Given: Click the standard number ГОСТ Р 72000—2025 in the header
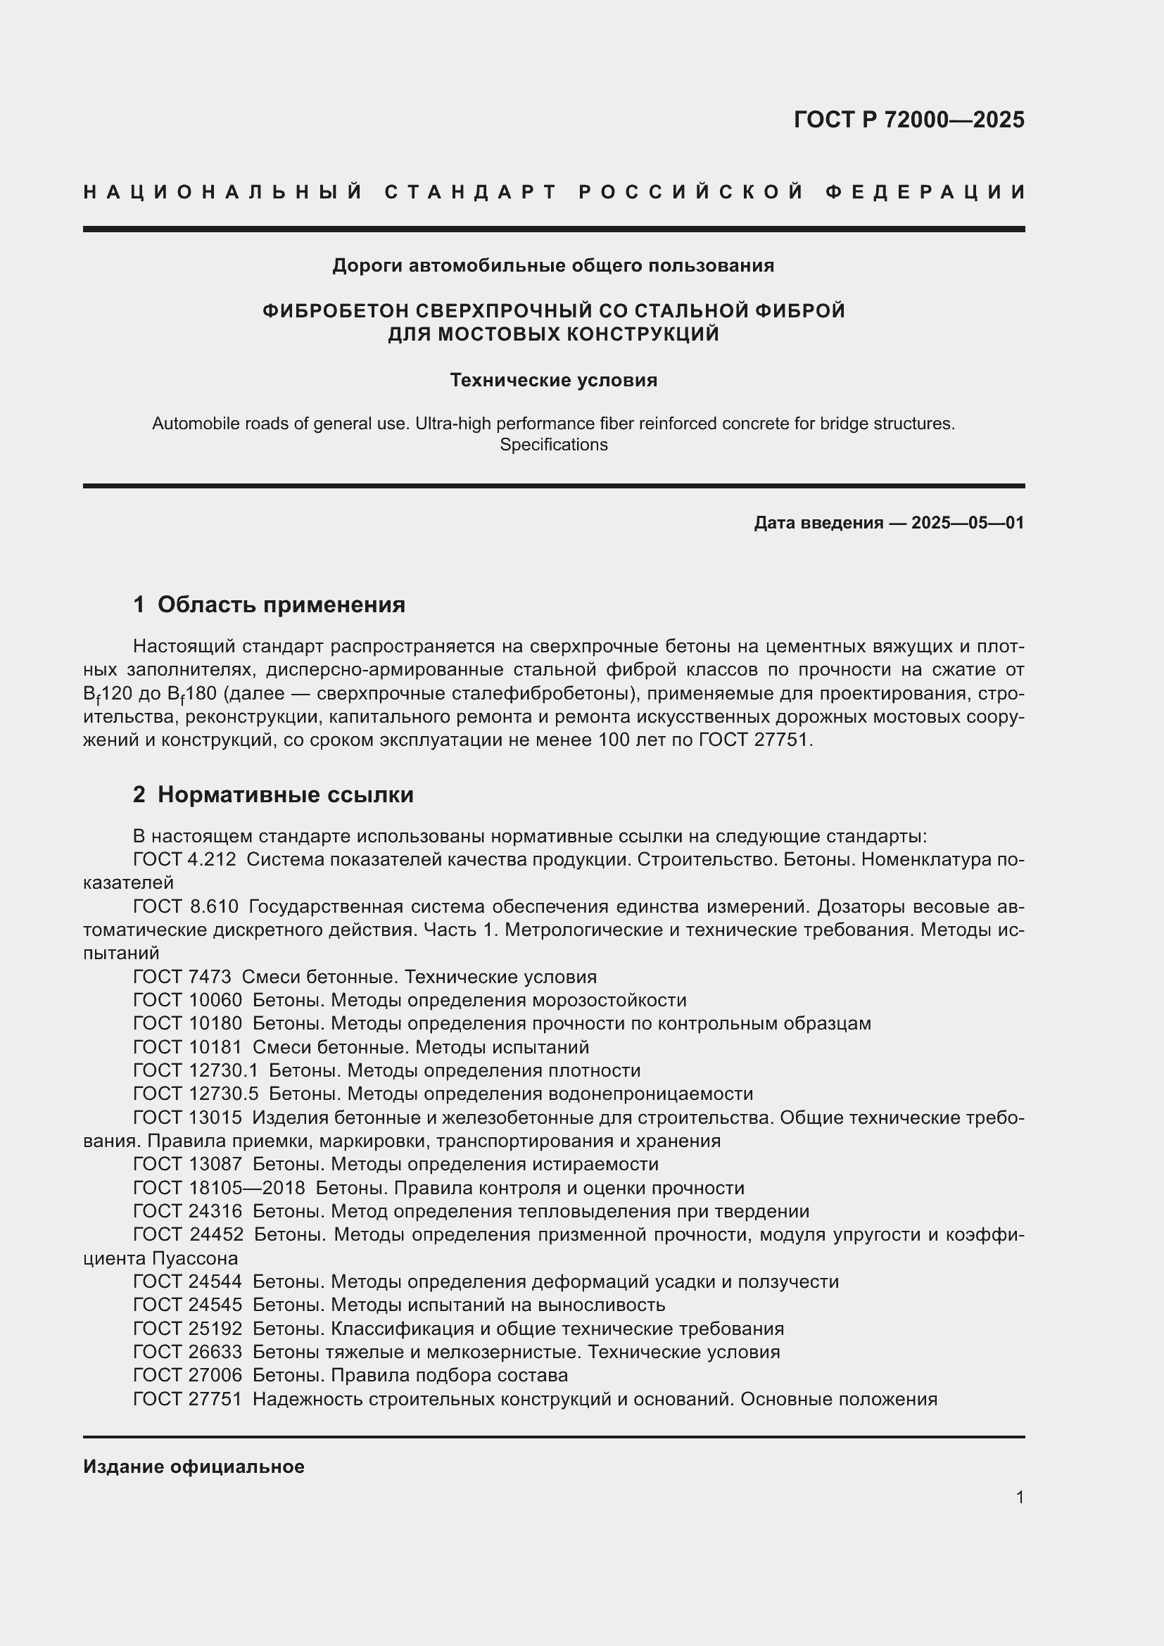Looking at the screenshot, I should tap(908, 120).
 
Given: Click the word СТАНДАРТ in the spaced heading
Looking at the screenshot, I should tap(471, 192).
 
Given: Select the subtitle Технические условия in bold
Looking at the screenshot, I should tap(553, 380).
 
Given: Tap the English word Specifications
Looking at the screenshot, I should tap(553, 445).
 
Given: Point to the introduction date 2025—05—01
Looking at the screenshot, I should tap(968, 523).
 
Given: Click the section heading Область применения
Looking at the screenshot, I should tap(281, 604).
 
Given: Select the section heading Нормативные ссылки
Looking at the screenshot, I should tap(285, 794).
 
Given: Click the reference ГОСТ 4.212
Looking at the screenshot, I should tap(184, 859).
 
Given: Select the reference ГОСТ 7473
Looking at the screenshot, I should tap(182, 977).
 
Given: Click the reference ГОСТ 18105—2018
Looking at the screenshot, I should tap(219, 1188).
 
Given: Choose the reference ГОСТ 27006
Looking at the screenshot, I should tap(187, 1375).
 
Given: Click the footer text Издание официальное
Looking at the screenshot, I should tap(194, 1467).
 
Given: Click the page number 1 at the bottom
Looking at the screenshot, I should tap(1019, 1497).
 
